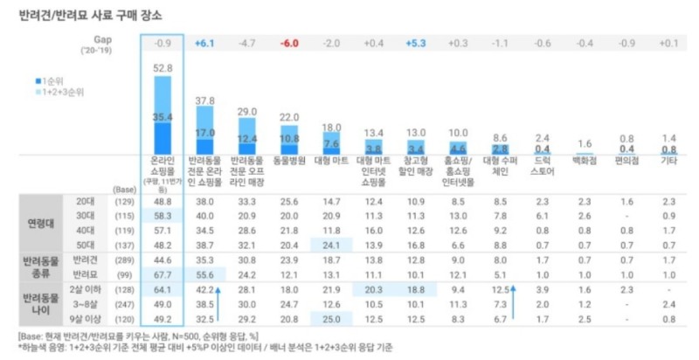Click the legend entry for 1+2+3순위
[x=59, y=91]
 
